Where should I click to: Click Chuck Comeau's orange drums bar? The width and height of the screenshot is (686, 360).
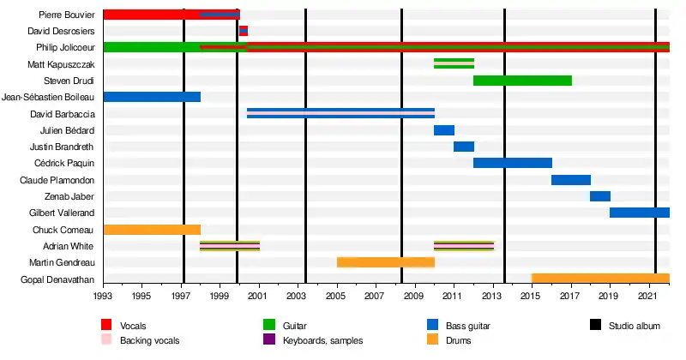(152, 230)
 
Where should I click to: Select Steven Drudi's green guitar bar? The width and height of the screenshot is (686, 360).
(522, 81)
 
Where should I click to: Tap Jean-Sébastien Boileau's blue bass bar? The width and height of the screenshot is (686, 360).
(152, 97)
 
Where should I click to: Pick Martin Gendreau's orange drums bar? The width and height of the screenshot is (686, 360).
(386, 262)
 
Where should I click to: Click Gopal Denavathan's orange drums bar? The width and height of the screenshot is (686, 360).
(600, 279)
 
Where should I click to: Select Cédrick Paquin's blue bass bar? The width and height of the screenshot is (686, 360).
(512, 163)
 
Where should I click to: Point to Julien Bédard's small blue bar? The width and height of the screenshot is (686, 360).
(443, 130)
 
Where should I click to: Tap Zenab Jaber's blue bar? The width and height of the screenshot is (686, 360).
(599, 196)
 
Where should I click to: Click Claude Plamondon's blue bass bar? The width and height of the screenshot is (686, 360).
(570, 180)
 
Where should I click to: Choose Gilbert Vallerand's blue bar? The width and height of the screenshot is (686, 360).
(639, 213)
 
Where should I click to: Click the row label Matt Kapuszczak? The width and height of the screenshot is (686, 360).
(61, 64)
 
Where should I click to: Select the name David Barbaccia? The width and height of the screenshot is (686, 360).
(63, 114)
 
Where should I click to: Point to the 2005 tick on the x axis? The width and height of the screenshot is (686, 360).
(336, 296)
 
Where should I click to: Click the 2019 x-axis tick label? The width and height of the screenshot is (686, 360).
(609, 296)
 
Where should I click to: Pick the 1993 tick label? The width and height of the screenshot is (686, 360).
(103, 296)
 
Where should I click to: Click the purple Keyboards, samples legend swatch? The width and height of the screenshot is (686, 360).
(268, 340)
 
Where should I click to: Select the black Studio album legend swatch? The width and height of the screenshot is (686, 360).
(596, 326)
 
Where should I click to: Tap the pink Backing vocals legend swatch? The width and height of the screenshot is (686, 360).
(106, 340)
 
